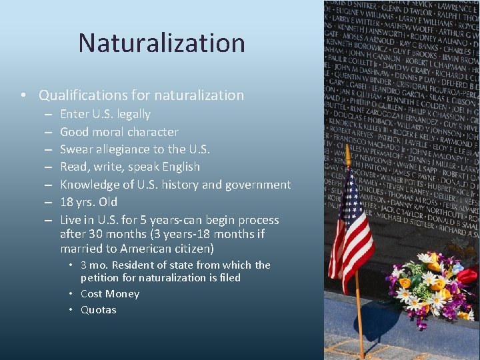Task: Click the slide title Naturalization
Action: (161, 43)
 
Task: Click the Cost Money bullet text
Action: (110, 294)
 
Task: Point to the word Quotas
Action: (99, 310)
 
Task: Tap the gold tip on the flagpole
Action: (347, 155)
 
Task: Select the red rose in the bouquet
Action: (467, 276)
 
